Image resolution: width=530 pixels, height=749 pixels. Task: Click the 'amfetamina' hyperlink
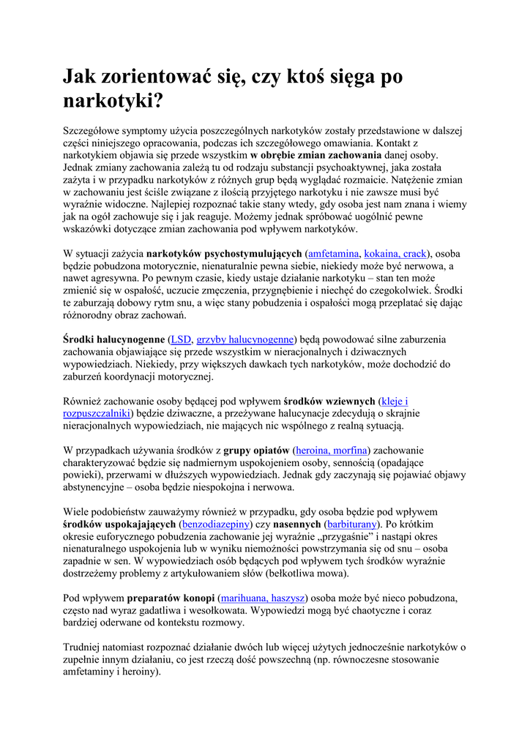click(x=334, y=254)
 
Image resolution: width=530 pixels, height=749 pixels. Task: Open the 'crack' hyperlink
click(x=415, y=254)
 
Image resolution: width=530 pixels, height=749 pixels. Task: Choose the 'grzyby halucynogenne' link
click(x=245, y=339)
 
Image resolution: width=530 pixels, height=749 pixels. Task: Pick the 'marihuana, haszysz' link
click(x=263, y=598)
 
